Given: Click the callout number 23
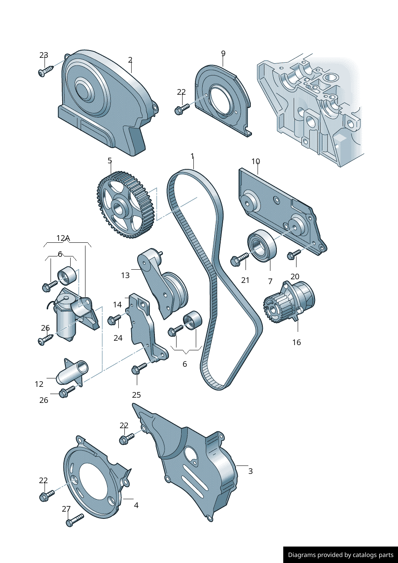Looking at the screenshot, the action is click(x=44, y=55).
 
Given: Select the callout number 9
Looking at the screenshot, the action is click(x=223, y=53).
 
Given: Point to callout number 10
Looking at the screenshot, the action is click(x=256, y=161).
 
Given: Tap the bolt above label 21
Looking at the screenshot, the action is click(x=239, y=259).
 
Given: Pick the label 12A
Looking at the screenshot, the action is click(x=63, y=238).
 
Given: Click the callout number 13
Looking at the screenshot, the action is click(x=125, y=275).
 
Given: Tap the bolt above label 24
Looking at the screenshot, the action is click(x=115, y=319).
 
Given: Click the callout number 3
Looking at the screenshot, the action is click(x=250, y=471).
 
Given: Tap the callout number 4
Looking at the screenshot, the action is click(x=136, y=505).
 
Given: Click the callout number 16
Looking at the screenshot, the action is click(x=296, y=342).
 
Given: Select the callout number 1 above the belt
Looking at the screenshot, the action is click(x=193, y=157).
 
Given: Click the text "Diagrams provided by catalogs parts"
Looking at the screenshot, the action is click(x=341, y=555).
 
